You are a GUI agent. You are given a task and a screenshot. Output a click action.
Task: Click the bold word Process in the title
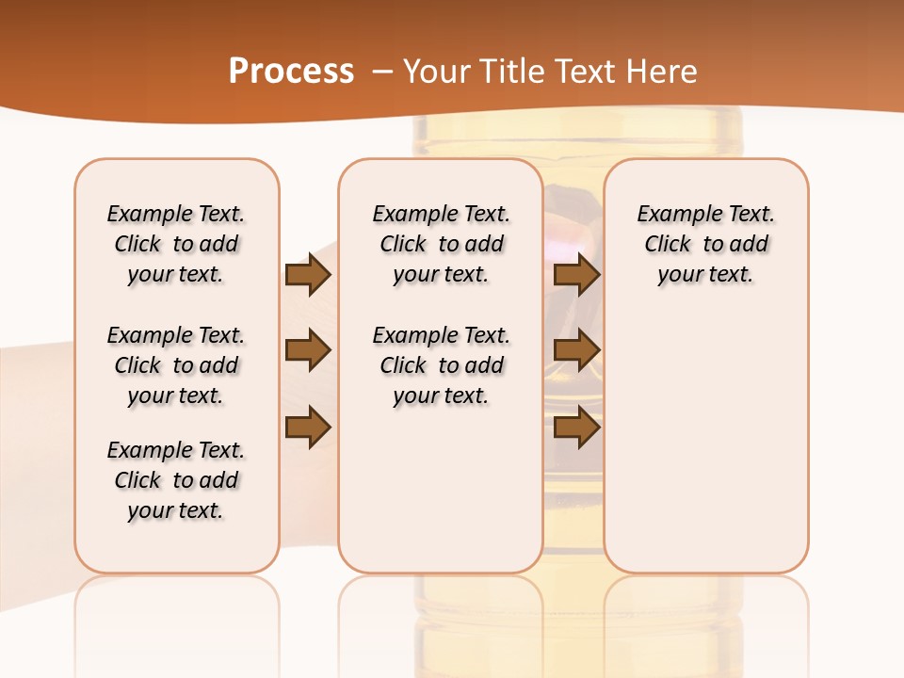coord(291,72)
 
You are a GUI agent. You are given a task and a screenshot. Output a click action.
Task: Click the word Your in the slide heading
coord(439,72)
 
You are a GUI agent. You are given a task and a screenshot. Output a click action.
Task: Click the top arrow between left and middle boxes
coord(308,275)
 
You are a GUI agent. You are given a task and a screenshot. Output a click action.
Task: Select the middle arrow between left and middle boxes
coord(308,351)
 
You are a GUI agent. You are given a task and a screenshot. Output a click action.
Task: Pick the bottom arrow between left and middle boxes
coord(308,428)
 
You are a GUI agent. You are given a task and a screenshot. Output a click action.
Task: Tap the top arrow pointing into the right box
coord(577,275)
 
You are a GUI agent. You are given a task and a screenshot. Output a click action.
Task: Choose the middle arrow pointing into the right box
coord(577,351)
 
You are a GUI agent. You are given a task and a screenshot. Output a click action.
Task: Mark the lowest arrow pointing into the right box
coord(577,428)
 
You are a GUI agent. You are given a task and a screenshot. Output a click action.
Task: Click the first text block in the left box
coord(176,244)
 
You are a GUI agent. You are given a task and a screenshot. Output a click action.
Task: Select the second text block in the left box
coord(176,365)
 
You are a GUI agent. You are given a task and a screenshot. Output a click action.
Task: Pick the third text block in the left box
coord(176,480)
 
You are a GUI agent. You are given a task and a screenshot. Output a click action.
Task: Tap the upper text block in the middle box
coord(442,244)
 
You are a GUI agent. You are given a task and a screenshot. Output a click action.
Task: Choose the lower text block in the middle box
coord(442,365)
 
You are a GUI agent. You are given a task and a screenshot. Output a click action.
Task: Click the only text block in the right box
coord(706,244)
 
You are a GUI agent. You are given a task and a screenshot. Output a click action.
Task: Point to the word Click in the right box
coord(668,245)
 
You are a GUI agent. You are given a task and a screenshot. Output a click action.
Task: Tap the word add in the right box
coord(749,245)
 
